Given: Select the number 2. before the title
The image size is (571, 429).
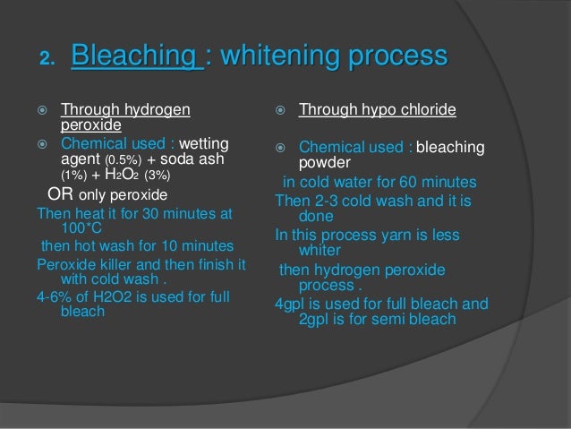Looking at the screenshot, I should [x=47, y=60].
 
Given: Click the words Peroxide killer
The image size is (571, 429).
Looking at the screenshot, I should [x=87, y=264].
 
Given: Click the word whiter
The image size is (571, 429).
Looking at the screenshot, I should [x=320, y=252].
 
